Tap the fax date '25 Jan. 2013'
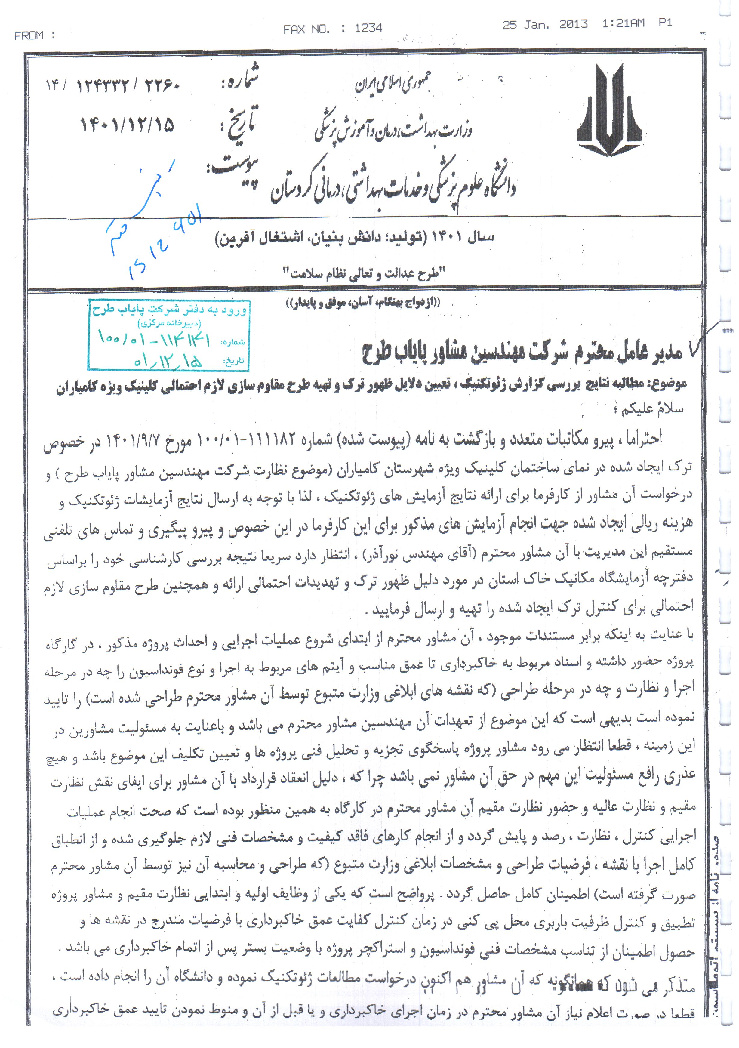[545, 25]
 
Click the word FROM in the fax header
[29, 35]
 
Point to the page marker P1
[665, 23]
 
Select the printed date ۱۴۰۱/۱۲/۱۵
[127, 125]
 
